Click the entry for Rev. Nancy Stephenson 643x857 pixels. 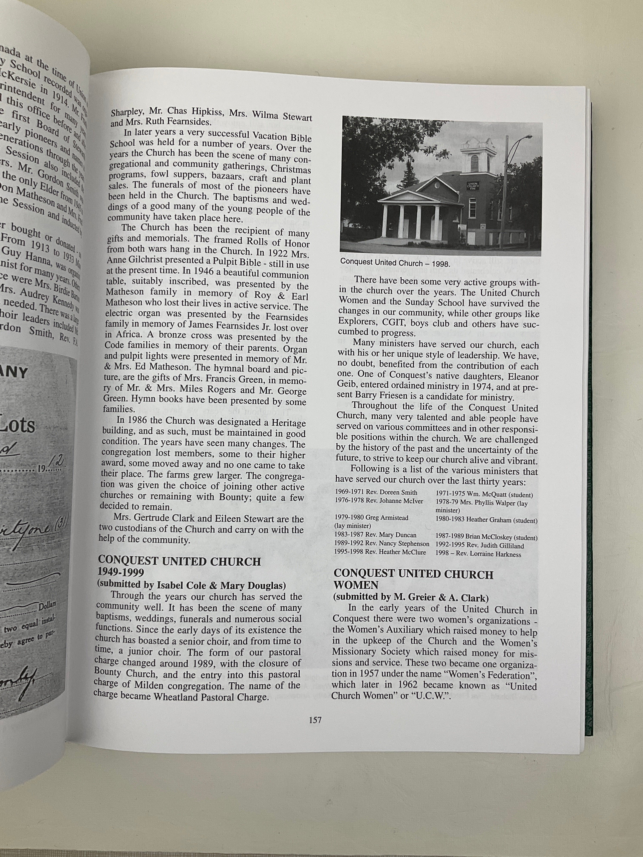(381, 544)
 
